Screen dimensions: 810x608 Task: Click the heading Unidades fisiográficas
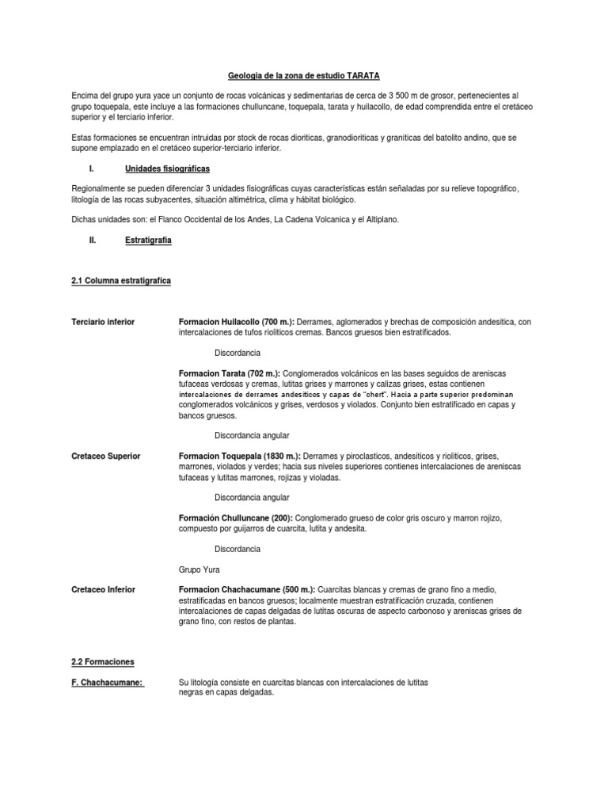point(167,168)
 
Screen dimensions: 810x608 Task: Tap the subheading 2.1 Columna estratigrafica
point(121,281)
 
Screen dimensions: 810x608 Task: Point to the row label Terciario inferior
point(103,322)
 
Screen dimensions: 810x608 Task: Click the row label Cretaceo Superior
point(105,456)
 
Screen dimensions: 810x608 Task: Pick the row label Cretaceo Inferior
point(103,589)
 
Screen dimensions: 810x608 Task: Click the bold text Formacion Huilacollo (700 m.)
point(237,322)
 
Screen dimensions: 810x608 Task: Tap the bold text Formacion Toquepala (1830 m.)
point(240,456)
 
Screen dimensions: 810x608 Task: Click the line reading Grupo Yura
point(199,569)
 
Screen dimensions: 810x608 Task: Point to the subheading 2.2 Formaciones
point(103,661)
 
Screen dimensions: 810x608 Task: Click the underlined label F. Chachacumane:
point(108,682)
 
